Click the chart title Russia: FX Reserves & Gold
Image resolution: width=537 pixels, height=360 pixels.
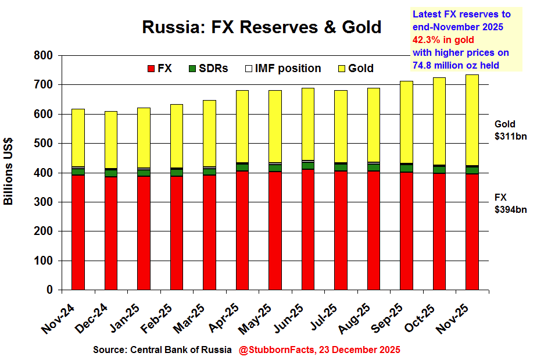[x=262, y=27]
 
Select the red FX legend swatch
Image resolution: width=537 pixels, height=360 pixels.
[x=151, y=69]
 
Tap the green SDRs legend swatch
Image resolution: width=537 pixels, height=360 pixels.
[x=192, y=69]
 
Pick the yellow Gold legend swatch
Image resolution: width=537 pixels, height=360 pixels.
[x=341, y=69]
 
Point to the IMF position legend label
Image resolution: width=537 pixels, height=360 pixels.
[x=288, y=69]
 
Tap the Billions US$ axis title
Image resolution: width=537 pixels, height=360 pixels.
[x=9, y=172]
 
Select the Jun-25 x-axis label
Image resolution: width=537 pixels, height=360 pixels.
[x=288, y=319]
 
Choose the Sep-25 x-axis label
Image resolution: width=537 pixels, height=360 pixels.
[x=386, y=319]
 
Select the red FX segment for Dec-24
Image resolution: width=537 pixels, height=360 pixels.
[x=110, y=233]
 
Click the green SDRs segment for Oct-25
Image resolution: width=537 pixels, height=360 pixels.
[x=440, y=169]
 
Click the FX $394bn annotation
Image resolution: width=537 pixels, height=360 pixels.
[x=510, y=204]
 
